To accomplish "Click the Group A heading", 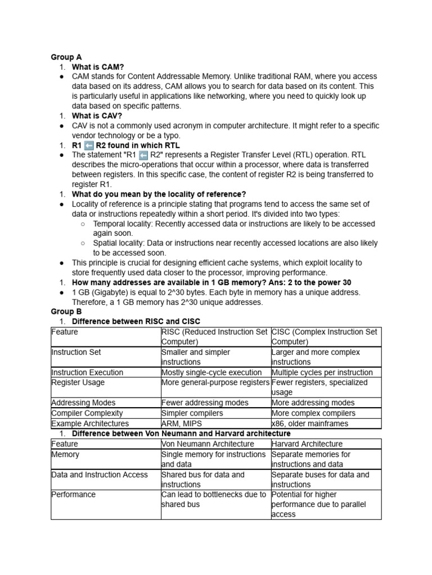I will point(66,57).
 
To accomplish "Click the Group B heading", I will point(66,312).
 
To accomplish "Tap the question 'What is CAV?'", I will point(97,116).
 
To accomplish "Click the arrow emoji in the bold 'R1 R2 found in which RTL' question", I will point(89,145).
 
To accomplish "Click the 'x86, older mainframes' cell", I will point(309,423).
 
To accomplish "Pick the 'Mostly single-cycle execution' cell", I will point(211,372).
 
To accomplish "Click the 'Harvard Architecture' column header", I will point(307,444).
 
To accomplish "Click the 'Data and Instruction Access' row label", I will point(100,474).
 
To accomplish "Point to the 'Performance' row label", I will point(73,495).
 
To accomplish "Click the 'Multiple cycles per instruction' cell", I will point(322,372).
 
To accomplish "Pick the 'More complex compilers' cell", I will point(313,413).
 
